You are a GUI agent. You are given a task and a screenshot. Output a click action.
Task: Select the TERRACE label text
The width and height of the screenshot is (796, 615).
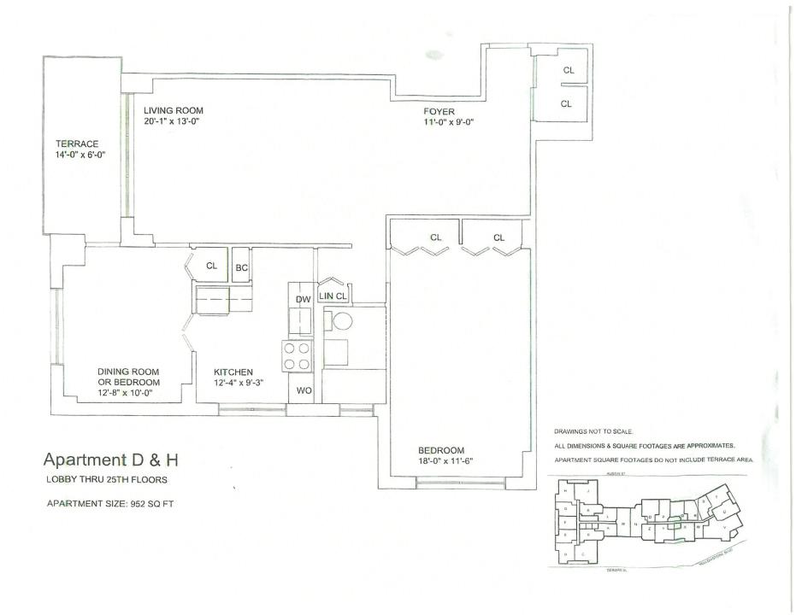coord(78,144)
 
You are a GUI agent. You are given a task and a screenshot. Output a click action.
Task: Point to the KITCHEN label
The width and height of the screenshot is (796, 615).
coord(233,372)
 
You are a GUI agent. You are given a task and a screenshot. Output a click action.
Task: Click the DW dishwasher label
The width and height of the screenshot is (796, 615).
coord(302,300)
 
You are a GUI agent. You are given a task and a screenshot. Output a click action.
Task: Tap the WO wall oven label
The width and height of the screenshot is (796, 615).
coord(303,390)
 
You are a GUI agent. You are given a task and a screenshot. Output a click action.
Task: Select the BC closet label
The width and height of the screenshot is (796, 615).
coord(242,267)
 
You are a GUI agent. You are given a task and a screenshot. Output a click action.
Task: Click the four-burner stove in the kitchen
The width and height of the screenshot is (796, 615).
coord(297,356)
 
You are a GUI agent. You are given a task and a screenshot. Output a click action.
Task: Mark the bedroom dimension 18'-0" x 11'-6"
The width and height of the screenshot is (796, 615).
coord(445,461)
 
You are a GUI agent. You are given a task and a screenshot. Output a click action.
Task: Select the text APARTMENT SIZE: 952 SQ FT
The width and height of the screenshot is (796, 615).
coord(110,503)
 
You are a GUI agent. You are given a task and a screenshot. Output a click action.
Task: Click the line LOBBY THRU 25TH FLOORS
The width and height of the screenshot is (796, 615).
coord(106,479)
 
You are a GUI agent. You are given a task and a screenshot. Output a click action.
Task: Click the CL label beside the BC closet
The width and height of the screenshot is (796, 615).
coord(212,266)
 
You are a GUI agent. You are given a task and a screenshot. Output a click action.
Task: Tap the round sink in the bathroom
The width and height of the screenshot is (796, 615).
coord(343,322)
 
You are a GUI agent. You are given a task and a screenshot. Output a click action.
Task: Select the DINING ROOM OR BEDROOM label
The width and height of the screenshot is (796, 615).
coord(128,377)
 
